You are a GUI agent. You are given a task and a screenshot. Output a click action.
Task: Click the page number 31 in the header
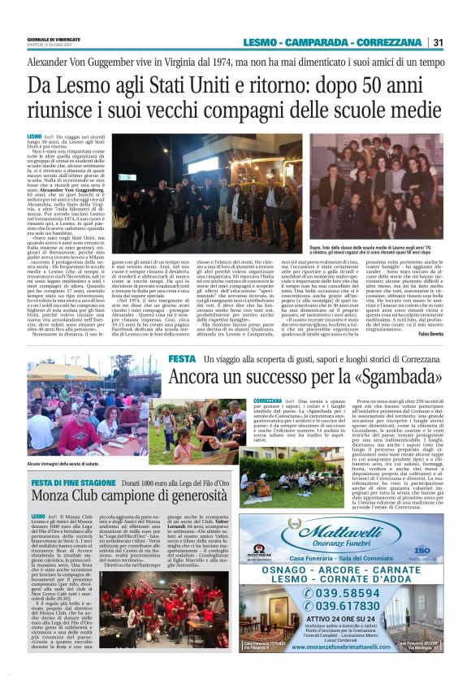438,43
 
